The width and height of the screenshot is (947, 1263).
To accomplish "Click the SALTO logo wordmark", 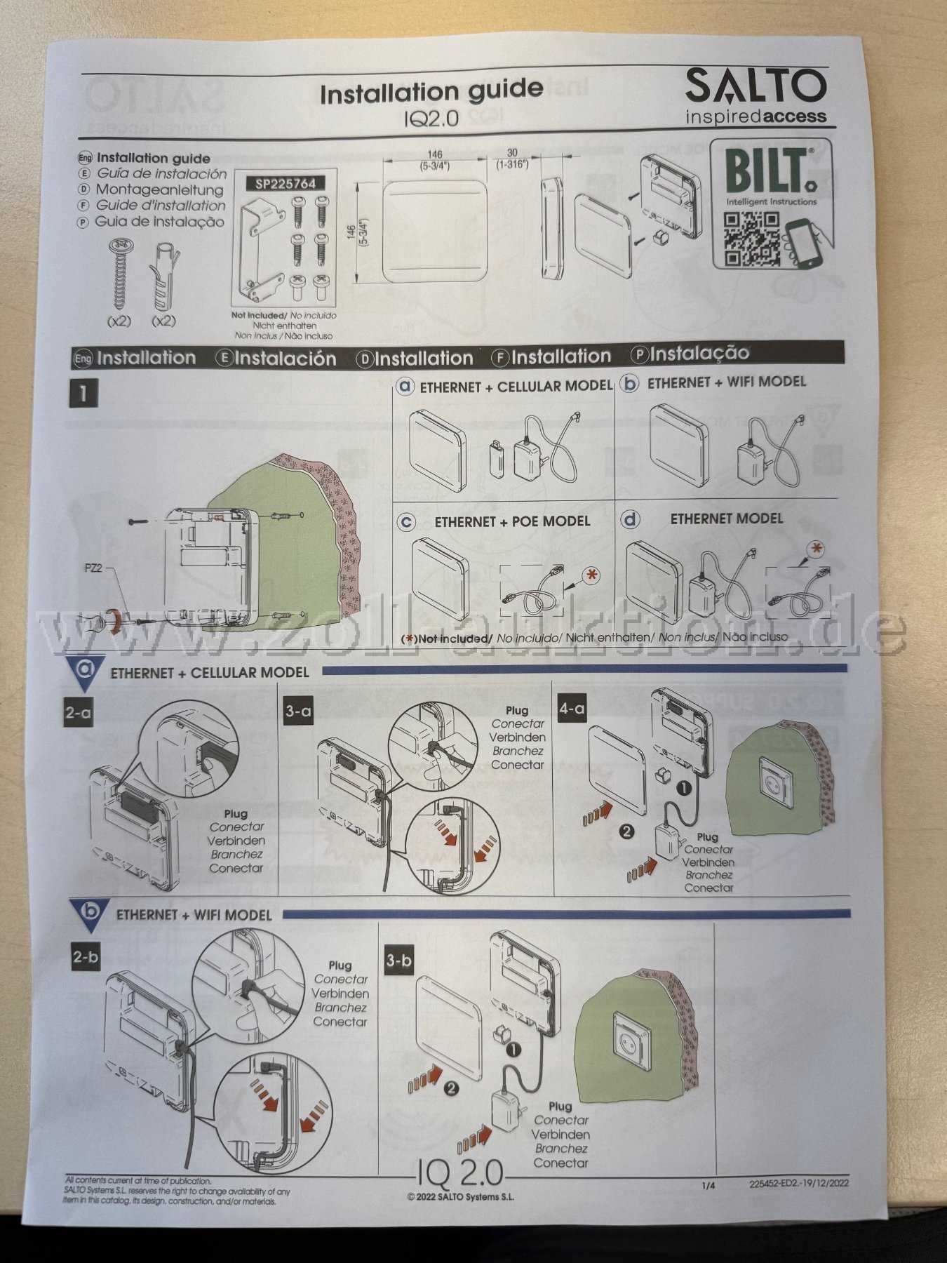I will pyautogui.click(x=756, y=87).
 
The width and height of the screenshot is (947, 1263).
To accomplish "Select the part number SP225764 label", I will pyautogui.click(x=286, y=184).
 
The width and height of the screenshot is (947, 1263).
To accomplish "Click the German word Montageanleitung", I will pyautogui.click(x=159, y=189).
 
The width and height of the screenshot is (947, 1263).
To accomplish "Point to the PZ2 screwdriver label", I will pyautogui.click(x=93, y=568).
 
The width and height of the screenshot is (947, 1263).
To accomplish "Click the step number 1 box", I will pyautogui.click(x=83, y=393).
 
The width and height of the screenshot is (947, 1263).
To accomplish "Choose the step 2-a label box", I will pyautogui.click(x=78, y=713).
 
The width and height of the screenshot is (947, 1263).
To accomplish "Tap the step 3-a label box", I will pyautogui.click(x=299, y=711).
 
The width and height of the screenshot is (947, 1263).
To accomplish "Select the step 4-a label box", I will pyautogui.click(x=571, y=709).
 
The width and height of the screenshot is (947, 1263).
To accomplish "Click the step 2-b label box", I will pyautogui.click(x=85, y=957).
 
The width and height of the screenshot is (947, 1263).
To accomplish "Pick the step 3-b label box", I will pyautogui.click(x=398, y=959).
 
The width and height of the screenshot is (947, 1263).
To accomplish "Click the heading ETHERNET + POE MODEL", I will pyautogui.click(x=512, y=522).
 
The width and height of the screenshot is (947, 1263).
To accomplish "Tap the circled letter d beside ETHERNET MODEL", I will pyautogui.click(x=631, y=519).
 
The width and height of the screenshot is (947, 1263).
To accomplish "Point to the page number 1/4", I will pyautogui.click(x=708, y=1186).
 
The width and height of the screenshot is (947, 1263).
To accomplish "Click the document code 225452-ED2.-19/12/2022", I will pyautogui.click(x=799, y=1183).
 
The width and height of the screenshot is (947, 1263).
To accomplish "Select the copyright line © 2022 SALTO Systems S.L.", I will pyautogui.click(x=461, y=1197).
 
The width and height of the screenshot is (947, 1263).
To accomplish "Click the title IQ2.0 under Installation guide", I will pyautogui.click(x=431, y=118).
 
